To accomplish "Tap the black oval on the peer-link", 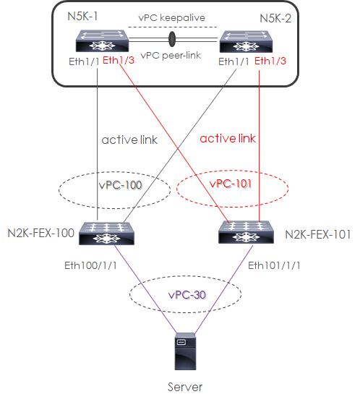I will click(x=173, y=38).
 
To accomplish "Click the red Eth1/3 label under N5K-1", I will click(x=119, y=61).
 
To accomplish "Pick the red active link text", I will click(x=228, y=137).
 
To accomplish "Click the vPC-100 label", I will click(x=119, y=185).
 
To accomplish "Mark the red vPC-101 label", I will click(x=232, y=184).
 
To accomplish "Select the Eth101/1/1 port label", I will click(x=272, y=265).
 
